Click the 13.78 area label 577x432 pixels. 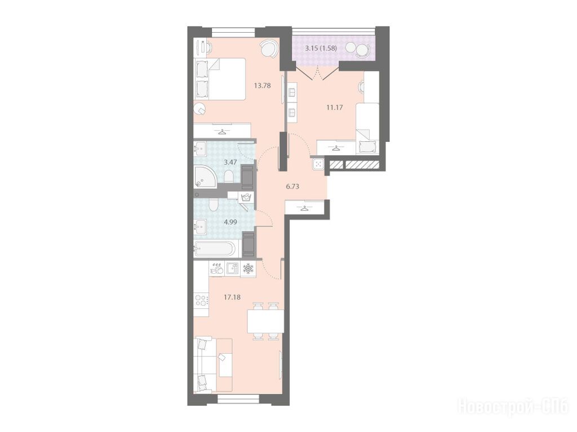263,86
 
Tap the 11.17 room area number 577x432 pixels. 335,108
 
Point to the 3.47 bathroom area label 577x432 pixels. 230,162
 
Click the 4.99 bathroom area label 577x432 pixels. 230,222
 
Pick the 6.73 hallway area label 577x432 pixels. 292,186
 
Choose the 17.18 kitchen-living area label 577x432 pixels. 232,297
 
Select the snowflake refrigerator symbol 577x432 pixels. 248,268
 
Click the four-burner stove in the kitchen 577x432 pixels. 201,301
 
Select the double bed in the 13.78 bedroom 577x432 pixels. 220,79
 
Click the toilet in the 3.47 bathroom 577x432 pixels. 229,176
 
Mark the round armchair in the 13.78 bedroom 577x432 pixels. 269,49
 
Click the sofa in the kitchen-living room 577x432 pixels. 212,365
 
